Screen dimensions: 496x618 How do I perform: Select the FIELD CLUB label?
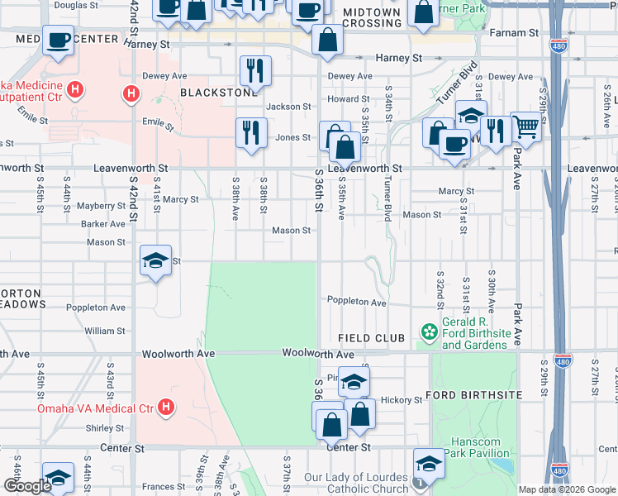pos(371,338)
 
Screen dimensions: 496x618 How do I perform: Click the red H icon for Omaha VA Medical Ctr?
pos(166,408)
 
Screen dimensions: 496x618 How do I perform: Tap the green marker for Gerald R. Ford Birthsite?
pos(429,332)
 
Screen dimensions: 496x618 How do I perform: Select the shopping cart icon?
pos(525,127)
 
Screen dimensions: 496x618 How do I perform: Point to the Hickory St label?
pos(402,400)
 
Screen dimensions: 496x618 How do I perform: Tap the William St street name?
pos(105,331)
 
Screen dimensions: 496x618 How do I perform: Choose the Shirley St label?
pos(105,428)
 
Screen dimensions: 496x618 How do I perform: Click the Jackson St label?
pos(288,107)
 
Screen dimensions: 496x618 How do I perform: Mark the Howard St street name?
pos(342,98)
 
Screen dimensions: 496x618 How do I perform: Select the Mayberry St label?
pos(102,206)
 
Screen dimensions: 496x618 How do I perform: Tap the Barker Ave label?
pos(103,224)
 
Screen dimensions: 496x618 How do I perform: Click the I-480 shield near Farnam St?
pos(559,49)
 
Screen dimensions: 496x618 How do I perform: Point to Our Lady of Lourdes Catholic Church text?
pos(356,484)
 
